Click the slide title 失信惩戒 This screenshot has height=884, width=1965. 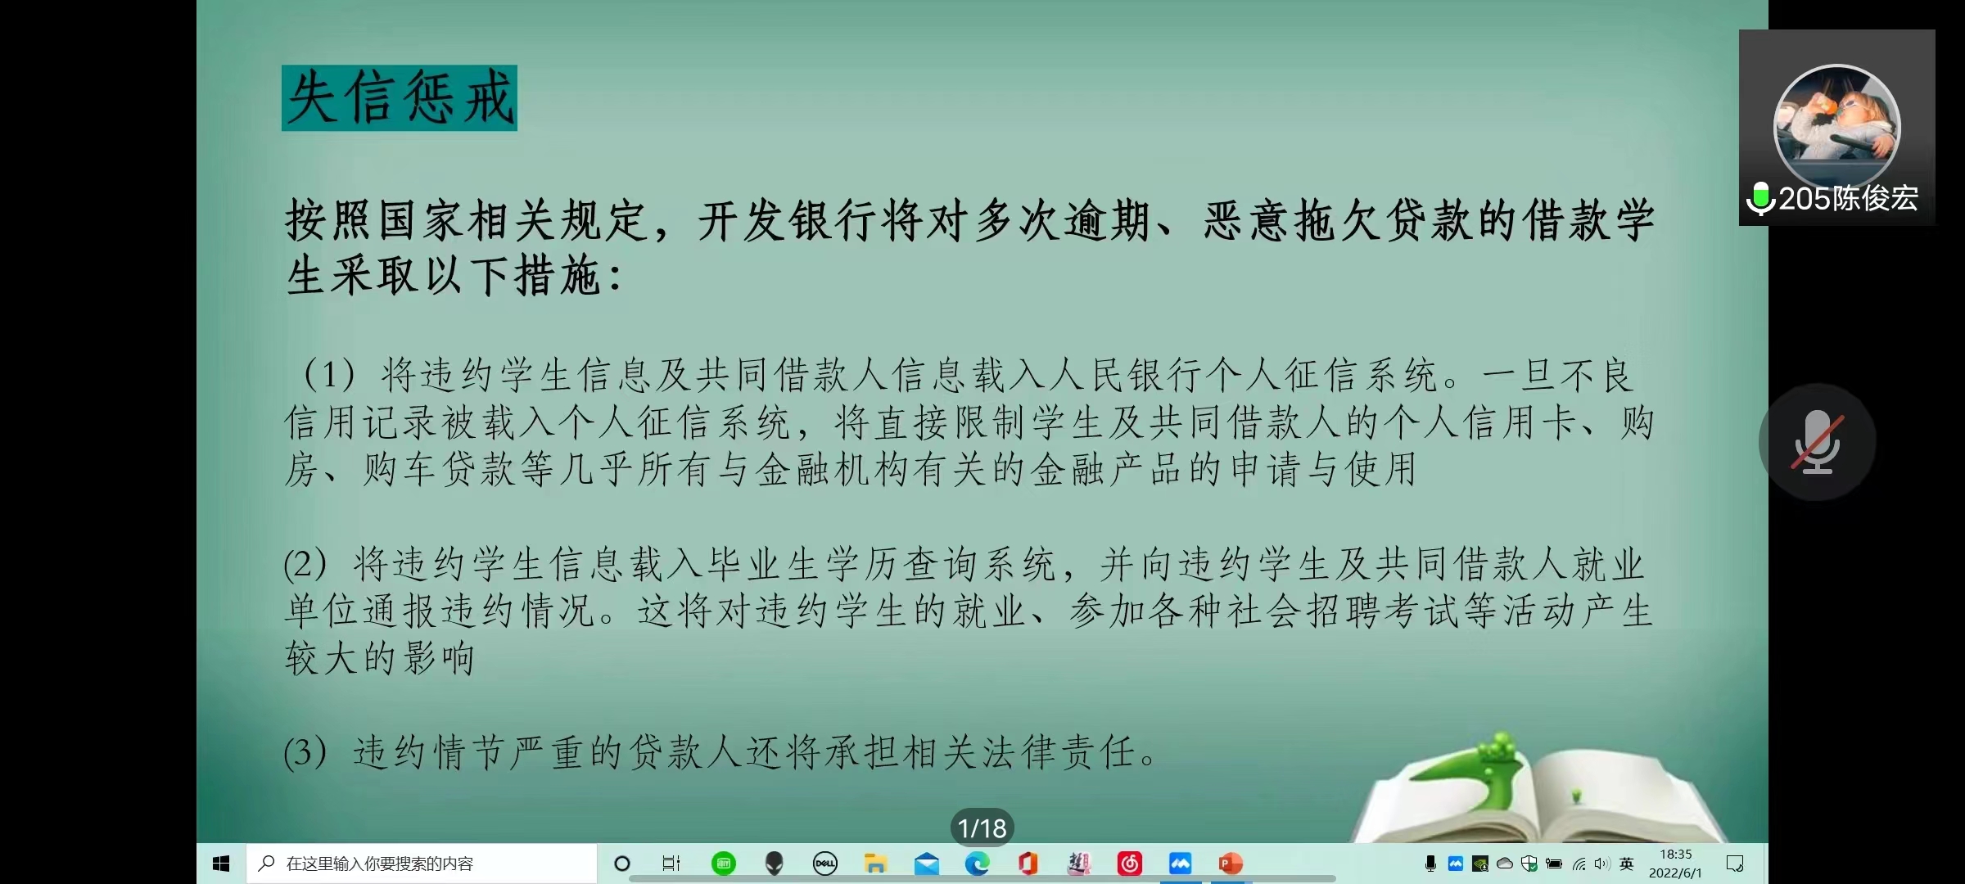400,98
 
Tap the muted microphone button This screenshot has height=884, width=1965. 1817,442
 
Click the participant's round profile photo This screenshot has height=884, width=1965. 1836,128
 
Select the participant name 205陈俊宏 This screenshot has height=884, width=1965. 1848,199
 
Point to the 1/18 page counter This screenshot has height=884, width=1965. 982,828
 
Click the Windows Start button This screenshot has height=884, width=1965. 221,864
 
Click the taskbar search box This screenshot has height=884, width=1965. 421,864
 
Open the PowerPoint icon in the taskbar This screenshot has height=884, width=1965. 1231,864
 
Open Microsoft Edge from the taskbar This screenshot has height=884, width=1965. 977,864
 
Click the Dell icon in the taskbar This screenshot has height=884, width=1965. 824,864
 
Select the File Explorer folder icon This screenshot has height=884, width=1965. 875,864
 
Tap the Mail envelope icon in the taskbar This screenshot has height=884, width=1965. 926,864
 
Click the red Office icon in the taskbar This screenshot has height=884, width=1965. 1028,864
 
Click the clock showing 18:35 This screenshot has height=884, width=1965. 1675,855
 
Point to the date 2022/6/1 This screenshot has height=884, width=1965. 1675,873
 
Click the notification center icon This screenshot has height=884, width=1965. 1734,864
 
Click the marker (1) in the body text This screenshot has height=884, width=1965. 329,376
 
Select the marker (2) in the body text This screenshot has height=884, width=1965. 305,565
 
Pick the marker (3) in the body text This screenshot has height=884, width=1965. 305,752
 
